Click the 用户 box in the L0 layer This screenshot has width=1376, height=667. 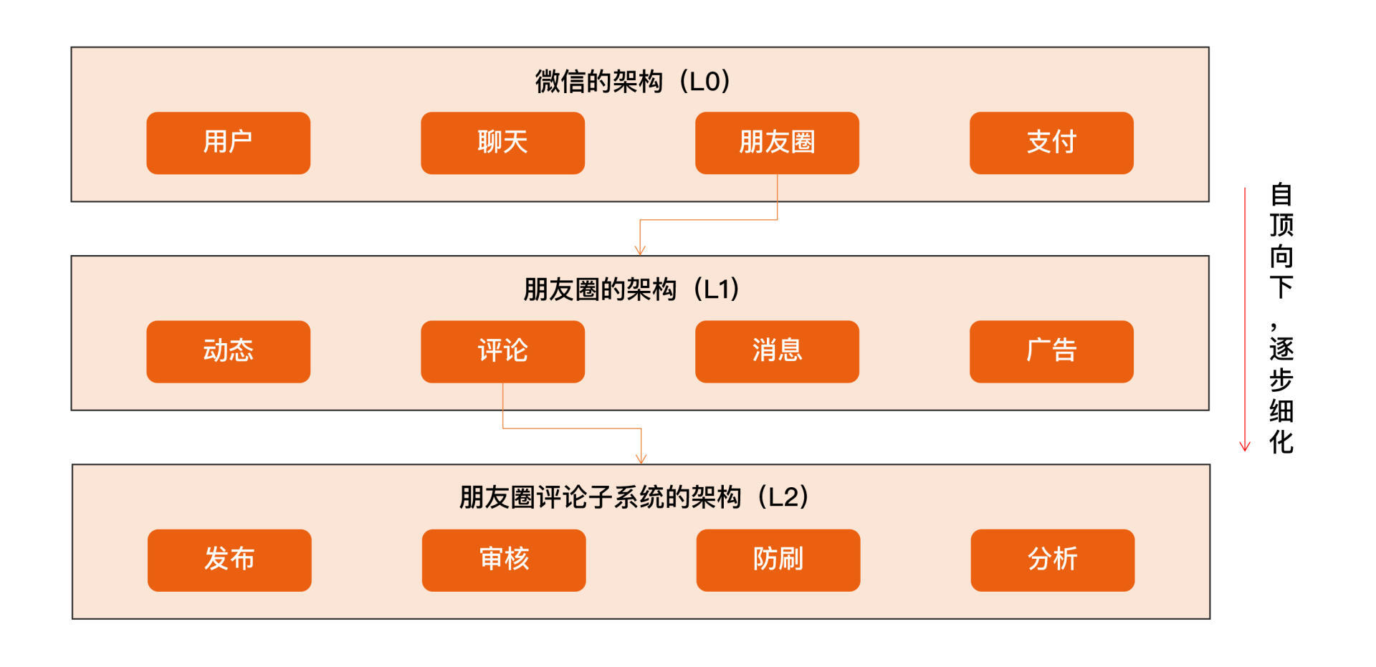pyautogui.click(x=228, y=143)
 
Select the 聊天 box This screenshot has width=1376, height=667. pyautogui.click(x=502, y=143)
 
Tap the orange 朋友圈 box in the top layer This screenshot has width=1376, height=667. pyautogui.click(x=777, y=143)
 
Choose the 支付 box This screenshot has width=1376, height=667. pyautogui.click(x=1051, y=143)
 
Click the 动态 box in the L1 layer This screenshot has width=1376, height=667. pyautogui.click(x=228, y=351)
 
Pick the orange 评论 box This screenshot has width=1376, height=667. pyautogui.click(x=502, y=351)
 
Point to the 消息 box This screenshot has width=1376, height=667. pyautogui.click(x=777, y=351)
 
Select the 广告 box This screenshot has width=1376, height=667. pyautogui.click(x=1051, y=351)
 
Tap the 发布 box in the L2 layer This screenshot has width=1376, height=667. pyautogui.click(x=229, y=560)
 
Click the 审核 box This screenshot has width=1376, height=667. pyautogui.click(x=504, y=560)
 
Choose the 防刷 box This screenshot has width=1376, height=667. pyautogui.click(x=778, y=560)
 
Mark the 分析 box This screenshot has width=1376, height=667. pyautogui.click(x=1052, y=560)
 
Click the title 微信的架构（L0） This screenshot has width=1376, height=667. pyautogui.click(x=633, y=82)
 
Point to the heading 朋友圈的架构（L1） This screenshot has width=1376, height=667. pyautogui.click(x=631, y=289)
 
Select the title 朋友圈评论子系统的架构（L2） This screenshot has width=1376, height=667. pyautogui.click(x=634, y=497)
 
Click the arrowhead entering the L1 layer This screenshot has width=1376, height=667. pyautogui.click(x=640, y=250)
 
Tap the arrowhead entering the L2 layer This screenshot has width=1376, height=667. pyautogui.click(x=641, y=459)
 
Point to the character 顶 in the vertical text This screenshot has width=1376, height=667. pyautogui.click(x=1281, y=226)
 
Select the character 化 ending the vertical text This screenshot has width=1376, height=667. pyautogui.click(x=1281, y=442)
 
